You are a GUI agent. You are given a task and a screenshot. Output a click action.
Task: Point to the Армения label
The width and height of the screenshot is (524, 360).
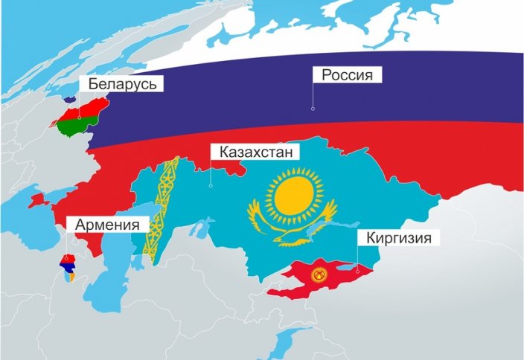(107, 224)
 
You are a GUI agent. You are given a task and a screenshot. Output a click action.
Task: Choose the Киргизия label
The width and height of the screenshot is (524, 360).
(394, 238)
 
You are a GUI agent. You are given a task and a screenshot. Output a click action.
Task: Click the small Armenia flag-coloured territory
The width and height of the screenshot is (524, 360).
(67, 268)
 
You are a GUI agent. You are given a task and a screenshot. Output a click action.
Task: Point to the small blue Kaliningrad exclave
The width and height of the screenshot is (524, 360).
(69, 97)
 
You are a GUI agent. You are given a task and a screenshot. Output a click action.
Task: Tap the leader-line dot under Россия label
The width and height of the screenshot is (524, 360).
(313, 109)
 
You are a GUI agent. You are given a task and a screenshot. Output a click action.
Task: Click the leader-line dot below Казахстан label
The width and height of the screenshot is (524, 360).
(211, 185)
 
